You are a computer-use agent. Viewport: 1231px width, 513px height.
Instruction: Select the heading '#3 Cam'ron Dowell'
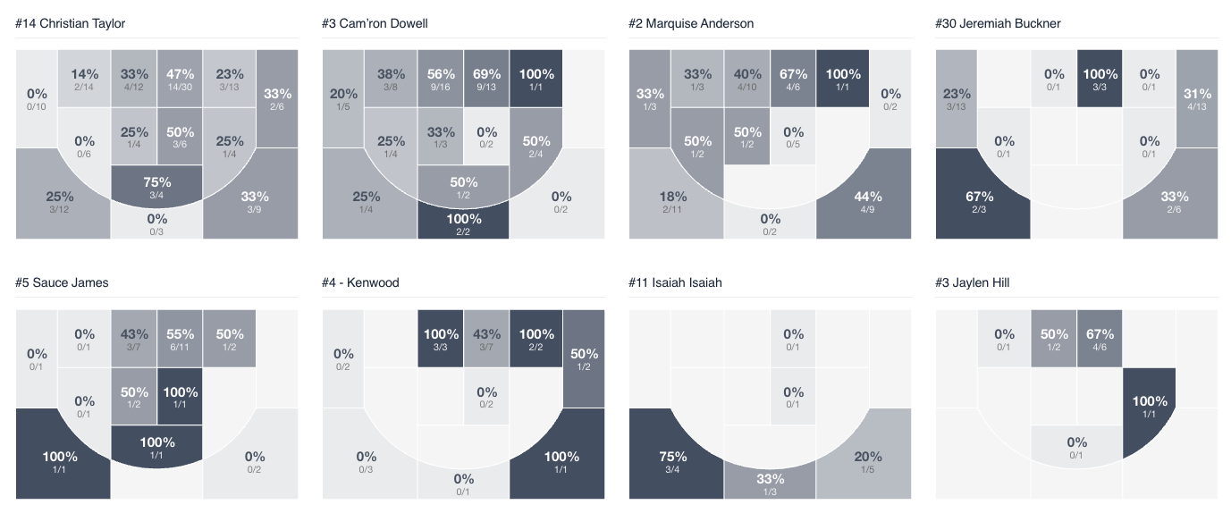(x=375, y=23)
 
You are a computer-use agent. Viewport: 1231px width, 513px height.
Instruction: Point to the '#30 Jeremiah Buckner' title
(x=998, y=23)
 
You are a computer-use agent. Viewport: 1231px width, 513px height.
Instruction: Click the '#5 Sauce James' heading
(x=62, y=282)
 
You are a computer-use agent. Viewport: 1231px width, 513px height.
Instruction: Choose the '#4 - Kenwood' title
(x=360, y=282)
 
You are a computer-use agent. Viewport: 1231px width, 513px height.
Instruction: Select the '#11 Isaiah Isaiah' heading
(x=675, y=282)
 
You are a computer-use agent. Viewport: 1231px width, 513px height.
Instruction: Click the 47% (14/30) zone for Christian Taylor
(x=180, y=79)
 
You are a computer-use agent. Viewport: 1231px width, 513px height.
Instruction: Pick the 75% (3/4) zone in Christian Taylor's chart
(x=156, y=186)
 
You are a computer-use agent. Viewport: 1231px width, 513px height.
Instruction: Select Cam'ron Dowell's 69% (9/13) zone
(x=486, y=79)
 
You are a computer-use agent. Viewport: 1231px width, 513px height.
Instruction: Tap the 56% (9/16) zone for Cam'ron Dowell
(x=440, y=79)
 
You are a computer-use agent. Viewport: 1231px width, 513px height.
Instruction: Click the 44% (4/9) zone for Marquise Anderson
(x=867, y=201)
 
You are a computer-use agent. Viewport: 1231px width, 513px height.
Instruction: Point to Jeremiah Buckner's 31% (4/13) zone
(x=1196, y=98)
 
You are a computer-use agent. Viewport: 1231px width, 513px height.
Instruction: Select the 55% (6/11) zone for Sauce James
(x=180, y=338)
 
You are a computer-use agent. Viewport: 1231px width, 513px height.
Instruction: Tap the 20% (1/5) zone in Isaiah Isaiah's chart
(x=867, y=460)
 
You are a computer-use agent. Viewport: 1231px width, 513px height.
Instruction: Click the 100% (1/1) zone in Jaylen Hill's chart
(x=1150, y=407)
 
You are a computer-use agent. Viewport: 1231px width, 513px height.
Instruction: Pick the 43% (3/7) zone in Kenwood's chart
(x=486, y=338)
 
